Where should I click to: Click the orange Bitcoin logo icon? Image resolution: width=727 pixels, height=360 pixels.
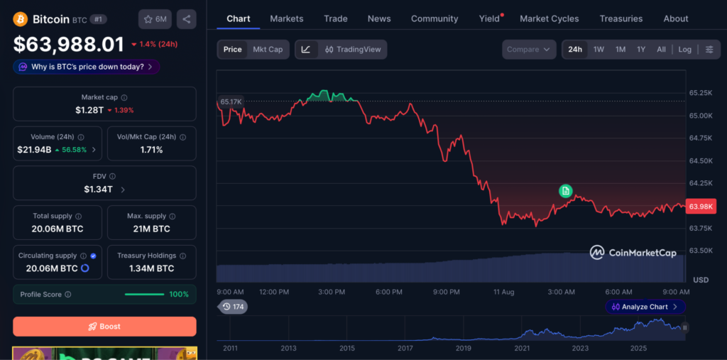[21, 19]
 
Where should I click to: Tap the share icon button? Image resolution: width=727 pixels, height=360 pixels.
[187, 19]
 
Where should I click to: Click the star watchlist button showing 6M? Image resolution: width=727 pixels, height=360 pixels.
[155, 19]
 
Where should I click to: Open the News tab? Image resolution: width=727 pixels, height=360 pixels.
[379, 18]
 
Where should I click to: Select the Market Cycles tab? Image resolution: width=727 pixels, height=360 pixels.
[549, 18]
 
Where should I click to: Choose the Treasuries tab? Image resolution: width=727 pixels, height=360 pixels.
[621, 18]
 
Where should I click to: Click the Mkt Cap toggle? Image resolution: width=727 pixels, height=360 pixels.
[268, 49]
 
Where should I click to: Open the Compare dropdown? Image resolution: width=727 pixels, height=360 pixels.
[529, 49]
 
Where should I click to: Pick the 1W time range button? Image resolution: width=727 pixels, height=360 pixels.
[598, 49]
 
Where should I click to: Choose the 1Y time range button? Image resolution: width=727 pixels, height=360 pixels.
[641, 49]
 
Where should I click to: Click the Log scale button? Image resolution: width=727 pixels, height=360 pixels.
[685, 49]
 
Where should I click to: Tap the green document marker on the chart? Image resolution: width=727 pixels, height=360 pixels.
[565, 191]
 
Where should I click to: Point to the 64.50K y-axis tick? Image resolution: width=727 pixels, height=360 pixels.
[701, 160]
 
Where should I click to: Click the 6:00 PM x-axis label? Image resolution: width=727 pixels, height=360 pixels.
[388, 292]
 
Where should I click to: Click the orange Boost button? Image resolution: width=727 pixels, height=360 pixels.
[104, 326]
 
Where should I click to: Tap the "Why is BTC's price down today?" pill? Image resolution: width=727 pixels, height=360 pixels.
[87, 67]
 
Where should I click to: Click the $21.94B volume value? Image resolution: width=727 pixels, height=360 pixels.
[34, 149]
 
